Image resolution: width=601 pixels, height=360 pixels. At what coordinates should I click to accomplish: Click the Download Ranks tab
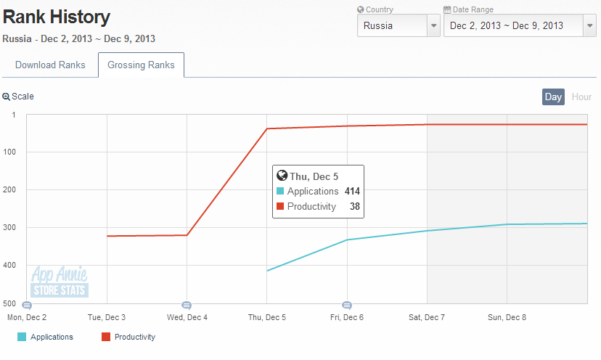(x=50, y=65)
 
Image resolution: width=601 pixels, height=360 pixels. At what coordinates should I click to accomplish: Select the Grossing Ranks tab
(x=141, y=65)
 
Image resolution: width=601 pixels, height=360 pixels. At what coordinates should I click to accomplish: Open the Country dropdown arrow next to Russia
(x=433, y=25)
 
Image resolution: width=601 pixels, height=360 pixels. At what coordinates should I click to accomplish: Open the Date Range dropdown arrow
(x=589, y=25)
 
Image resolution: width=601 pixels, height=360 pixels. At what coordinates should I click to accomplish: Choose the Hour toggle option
(x=581, y=97)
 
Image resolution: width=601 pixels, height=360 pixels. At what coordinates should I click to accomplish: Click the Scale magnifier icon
(x=6, y=97)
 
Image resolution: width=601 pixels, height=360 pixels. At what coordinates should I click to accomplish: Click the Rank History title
(x=57, y=17)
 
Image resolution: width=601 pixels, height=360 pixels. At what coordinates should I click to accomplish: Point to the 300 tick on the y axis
(x=9, y=227)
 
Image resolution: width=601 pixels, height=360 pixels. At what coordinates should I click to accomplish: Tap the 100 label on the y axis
(x=9, y=152)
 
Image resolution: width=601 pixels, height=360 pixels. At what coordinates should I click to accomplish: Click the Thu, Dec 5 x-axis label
(x=267, y=317)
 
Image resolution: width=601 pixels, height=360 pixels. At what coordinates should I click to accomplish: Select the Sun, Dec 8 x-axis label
(x=507, y=317)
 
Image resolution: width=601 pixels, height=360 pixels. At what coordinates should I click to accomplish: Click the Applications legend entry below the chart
(x=45, y=337)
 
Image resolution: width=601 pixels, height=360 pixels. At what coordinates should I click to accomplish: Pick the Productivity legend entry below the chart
(x=128, y=337)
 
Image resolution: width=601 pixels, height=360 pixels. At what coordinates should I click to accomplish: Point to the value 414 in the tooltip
(x=352, y=192)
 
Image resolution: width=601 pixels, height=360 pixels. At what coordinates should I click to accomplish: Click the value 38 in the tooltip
(x=355, y=207)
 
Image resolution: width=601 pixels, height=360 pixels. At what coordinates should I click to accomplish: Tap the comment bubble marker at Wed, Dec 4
(x=187, y=305)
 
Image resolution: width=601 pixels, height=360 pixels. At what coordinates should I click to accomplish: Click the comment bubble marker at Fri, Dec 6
(x=347, y=305)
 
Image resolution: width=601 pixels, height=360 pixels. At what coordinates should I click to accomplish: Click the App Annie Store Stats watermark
(x=60, y=282)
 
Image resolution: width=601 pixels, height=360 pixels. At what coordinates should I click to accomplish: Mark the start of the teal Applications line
(x=267, y=271)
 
